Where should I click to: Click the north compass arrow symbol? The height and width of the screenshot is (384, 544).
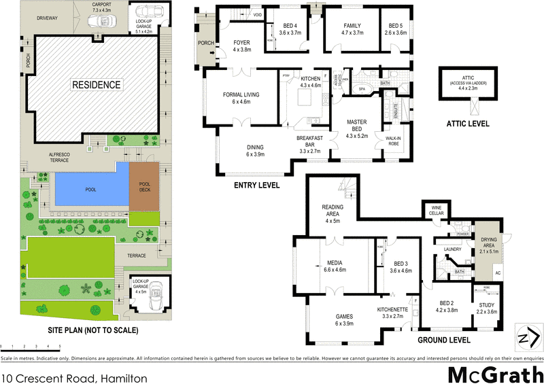point(524,339)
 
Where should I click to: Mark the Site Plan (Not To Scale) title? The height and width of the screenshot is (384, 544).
point(93,331)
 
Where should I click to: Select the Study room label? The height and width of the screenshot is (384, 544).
point(488,304)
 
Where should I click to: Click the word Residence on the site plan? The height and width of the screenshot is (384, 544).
point(97,85)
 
